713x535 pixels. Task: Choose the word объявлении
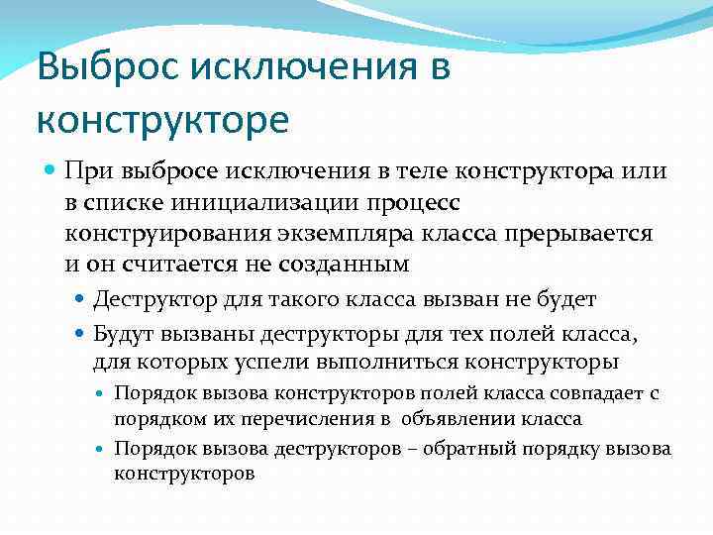coord(478,418)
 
